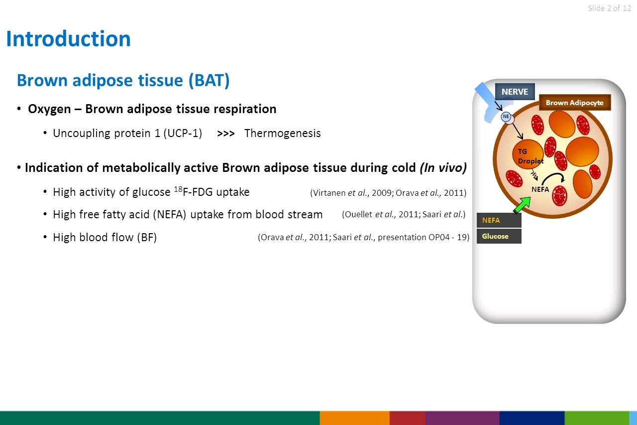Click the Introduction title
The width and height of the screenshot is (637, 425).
(68, 39)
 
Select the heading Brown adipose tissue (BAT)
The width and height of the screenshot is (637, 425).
(123, 80)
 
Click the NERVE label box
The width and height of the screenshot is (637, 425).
(515, 92)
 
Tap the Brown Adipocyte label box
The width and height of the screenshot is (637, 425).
(575, 103)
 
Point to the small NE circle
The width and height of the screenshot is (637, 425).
(506, 117)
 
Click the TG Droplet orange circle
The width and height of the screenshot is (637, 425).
(528, 154)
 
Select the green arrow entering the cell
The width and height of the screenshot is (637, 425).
(523, 205)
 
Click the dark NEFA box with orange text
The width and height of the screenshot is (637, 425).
(499, 220)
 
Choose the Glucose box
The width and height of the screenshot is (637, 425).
(499, 236)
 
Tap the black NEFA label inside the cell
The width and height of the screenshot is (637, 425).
(540, 189)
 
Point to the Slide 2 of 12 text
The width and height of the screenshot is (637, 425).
(610, 8)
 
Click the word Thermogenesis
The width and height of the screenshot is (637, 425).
(282, 133)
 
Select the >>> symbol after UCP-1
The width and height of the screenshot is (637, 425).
(226, 134)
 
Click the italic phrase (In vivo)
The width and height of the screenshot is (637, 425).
(443, 168)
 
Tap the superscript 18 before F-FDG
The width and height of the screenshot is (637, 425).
(178, 189)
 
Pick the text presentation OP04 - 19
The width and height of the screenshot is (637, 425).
(424, 237)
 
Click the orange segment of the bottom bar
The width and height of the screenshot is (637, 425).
(355, 418)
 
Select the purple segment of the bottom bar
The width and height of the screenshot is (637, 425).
(462, 418)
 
